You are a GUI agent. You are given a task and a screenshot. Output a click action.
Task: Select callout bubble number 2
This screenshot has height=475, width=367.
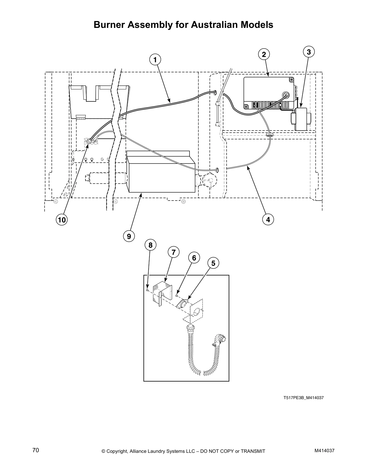coord(264,54)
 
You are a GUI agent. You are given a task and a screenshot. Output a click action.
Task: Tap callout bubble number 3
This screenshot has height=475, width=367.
coord(309,52)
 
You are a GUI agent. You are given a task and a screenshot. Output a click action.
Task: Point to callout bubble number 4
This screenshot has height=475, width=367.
coord(268,220)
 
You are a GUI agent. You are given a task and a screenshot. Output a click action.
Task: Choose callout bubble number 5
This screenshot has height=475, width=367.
coord(213,263)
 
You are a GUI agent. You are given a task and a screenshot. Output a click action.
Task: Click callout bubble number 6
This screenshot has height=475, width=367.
coord(194,258)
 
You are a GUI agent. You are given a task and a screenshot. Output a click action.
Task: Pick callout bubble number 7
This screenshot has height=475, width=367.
coord(174,252)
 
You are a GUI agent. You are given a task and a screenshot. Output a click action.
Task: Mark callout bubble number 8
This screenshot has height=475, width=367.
coord(151,245)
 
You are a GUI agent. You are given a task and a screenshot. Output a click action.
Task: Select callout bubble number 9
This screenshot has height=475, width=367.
coord(129,236)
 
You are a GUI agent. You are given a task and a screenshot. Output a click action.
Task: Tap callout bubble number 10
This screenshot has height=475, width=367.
coord(61,220)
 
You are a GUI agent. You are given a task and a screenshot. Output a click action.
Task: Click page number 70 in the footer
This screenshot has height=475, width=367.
coord(36,450)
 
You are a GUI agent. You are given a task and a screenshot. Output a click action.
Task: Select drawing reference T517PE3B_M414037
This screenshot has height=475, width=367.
coord(304,398)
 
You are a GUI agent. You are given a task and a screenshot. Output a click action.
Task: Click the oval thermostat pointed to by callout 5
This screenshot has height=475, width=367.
coord(183,303)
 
